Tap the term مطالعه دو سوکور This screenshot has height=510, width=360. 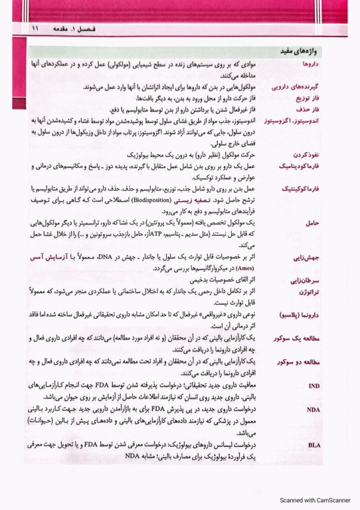point(297,362)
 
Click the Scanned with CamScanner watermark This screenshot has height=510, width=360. point(315,501)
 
